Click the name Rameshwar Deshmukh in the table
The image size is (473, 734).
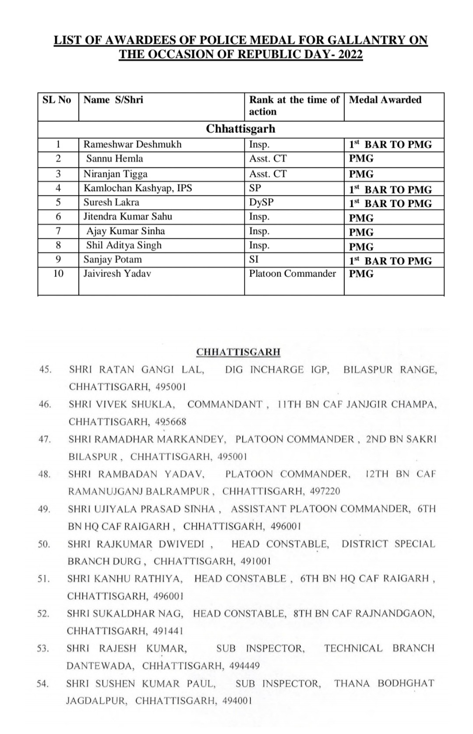(x=132, y=145)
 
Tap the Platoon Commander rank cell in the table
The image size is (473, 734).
(x=292, y=274)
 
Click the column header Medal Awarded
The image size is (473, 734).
(x=385, y=100)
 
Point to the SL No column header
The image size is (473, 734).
(x=57, y=100)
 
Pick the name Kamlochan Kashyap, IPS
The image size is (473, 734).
(x=138, y=188)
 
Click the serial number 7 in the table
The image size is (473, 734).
(x=58, y=231)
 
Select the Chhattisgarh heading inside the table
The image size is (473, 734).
(x=240, y=129)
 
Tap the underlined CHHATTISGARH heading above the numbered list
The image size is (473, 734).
(x=238, y=352)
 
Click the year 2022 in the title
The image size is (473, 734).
(x=350, y=54)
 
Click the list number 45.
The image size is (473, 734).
(x=45, y=369)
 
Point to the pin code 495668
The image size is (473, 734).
(x=171, y=422)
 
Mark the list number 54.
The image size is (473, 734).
(x=43, y=684)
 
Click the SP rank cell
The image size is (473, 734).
(x=255, y=188)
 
